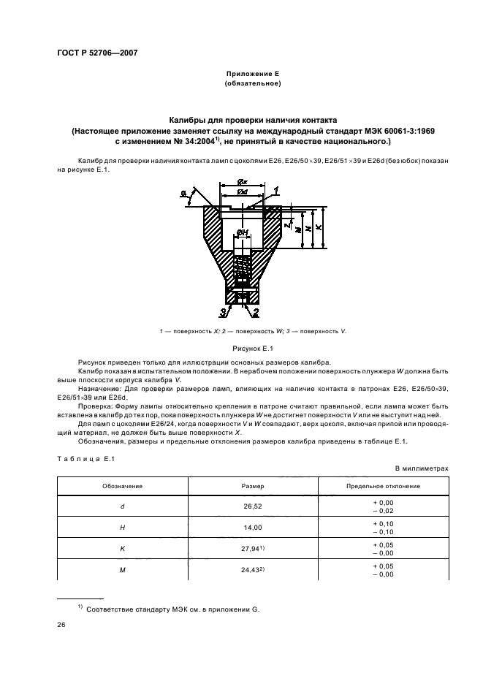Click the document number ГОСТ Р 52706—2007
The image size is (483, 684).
97,53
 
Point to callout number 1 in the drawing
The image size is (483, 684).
277,190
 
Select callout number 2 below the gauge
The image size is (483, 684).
256,313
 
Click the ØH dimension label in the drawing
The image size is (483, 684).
243,234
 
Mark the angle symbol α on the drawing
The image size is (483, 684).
182,192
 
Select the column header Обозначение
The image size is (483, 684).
122,485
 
